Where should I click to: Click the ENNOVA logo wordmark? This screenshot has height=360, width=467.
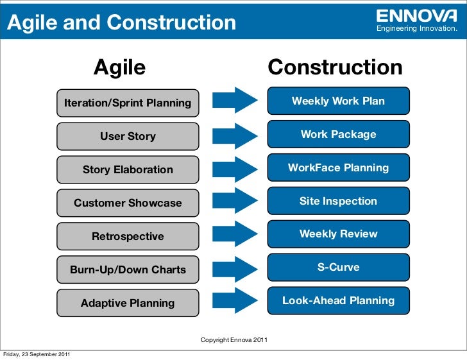(416, 15)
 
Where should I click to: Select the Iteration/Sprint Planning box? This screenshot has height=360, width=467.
(128, 103)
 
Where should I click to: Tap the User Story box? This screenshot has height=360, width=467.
(128, 136)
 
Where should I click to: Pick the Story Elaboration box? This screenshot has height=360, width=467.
(128, 169)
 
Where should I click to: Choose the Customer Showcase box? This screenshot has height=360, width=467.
(128, 203)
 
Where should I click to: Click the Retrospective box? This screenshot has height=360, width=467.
(128, 236)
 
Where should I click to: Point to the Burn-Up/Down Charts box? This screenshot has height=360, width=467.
(128, 270)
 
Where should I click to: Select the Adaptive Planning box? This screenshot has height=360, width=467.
(128, 303)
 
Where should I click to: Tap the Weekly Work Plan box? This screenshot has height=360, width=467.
(338, 101)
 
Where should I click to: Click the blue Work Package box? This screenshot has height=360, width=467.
(338, 134)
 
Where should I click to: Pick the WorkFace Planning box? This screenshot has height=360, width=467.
(338, 167)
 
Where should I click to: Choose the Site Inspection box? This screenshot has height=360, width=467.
(338, 201)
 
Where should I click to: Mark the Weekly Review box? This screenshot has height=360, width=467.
(338, 234)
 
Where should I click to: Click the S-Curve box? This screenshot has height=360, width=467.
(338, 267)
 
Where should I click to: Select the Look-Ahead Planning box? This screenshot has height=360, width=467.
(338, 300)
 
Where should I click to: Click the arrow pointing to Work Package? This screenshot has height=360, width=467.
(234, 135)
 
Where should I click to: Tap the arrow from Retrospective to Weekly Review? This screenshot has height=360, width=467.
(234, 235)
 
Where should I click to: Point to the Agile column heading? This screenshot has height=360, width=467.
(120, 67)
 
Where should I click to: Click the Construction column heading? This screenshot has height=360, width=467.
(335, 67)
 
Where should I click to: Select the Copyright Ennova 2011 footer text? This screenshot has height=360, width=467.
(234, 339)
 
